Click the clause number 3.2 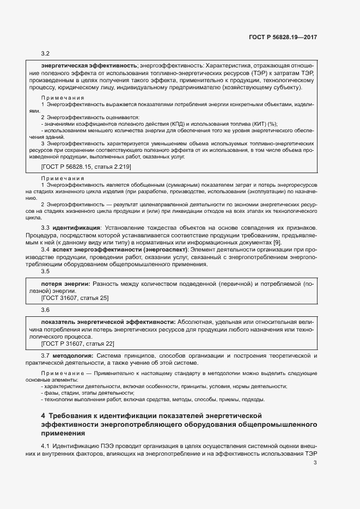pyautogui.click(x=46, y=53)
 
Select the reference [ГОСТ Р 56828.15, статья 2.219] pyautogui.click(x=86, y=166)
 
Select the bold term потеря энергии pyautogui.click(x=66, y=284)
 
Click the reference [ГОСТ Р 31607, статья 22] pyautogui.click(x=78, y=344)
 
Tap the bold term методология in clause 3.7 pyautogui.click(x=72, y=356)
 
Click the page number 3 pyautogui.click(x=315, y=463)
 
